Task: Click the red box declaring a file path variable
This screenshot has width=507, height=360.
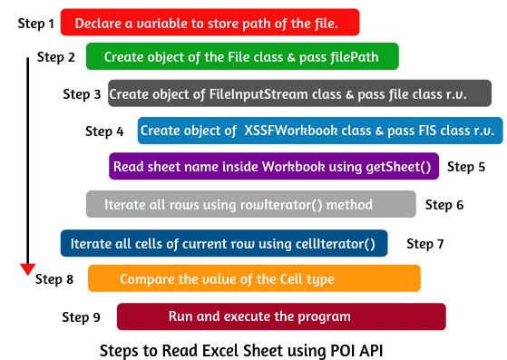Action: coord(210,22)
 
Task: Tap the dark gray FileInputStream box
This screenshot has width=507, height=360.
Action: coord(299,93)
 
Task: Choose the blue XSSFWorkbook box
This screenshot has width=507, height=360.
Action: coord(319,131)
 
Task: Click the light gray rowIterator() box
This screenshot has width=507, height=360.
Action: coord(250,204)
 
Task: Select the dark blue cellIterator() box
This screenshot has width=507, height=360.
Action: coord(224,243)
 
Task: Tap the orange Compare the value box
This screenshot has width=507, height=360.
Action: coord(254,278)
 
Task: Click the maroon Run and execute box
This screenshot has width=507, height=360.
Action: coord(281,316)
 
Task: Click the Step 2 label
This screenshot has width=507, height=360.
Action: coord(56,57)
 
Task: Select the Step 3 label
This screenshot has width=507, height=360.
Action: coord(82,93)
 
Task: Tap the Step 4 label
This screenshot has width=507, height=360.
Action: coord(104,131)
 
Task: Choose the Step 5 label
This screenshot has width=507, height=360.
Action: coord(466,167)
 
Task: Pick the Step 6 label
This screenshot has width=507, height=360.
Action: coord(444,204)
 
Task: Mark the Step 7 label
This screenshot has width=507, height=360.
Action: coord(425,243)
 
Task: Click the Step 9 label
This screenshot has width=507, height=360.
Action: coord(81,316)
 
